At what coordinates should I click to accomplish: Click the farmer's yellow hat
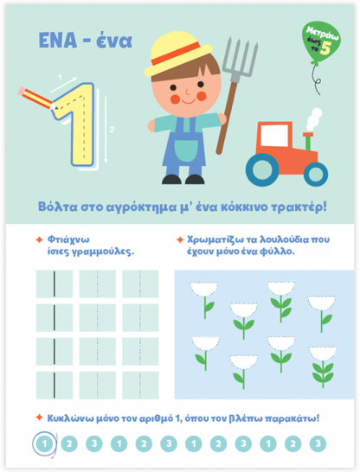pyautogui.click(x=177, y=54)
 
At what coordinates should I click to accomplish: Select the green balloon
pyautogui.click(x=321, y=42)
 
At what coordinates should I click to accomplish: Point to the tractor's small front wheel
pyautogui.click(x=316, y=174)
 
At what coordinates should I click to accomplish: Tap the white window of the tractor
pyautogui.click(x=274, y=136)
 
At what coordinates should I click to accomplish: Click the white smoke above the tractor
pyautogui.click(x=314, y=119)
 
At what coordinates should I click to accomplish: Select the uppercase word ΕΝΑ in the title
pyautogui.click(x=57, y=41)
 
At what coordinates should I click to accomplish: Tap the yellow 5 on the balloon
pyautogui.click(x=325, y=48)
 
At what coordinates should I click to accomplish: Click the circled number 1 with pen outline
pyautogui.click(x=44, y=443)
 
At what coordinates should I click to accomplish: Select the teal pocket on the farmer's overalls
pyautogui.click(x=186, y=150)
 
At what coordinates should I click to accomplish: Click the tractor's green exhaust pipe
pyautogui.click(x=308, y=141)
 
